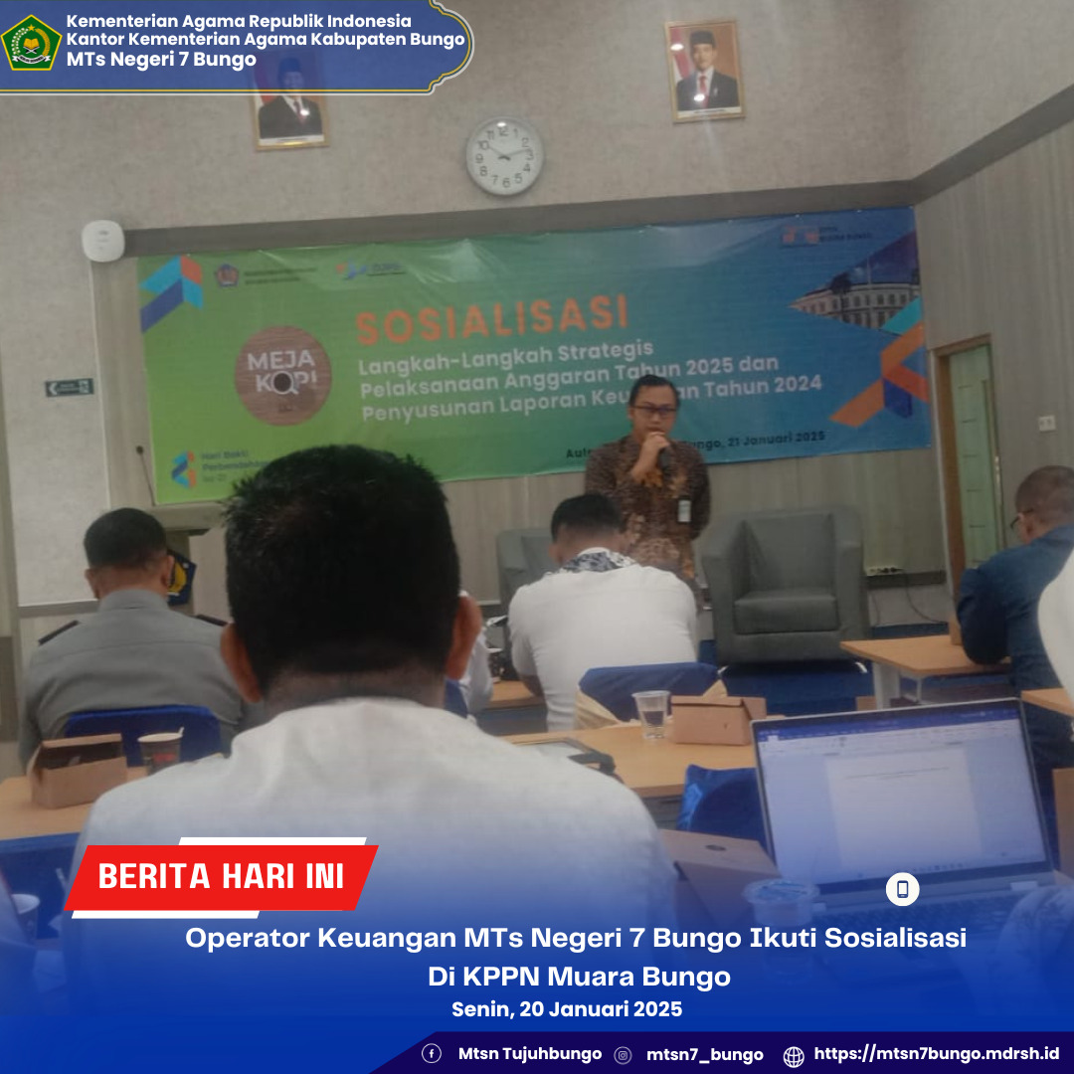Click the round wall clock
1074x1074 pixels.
click(504, 156)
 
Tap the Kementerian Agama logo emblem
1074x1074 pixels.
click(31, 42)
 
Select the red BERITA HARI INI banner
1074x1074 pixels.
click(221, 876)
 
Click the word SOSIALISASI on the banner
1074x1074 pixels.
click(492, 317)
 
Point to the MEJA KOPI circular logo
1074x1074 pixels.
click(281, 375)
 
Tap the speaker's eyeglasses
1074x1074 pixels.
click(653, 409)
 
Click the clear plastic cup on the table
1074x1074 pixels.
click(651, 714)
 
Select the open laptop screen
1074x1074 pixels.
click(901, 797)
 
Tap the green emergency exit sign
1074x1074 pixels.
click(69, 387)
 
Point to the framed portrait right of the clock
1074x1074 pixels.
click(705, 70)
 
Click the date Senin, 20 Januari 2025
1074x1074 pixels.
click(567, 1009)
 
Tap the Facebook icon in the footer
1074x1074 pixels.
click(432, 1054)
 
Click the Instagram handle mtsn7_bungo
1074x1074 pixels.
click(704, 1055)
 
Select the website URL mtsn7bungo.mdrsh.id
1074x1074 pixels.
click(936, 1054)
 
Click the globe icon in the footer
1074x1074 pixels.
click(794, 1055)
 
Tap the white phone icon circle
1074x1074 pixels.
click(902, 889)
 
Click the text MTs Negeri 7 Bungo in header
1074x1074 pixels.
click(161, 60)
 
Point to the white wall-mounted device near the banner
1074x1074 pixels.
click(103, 241)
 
